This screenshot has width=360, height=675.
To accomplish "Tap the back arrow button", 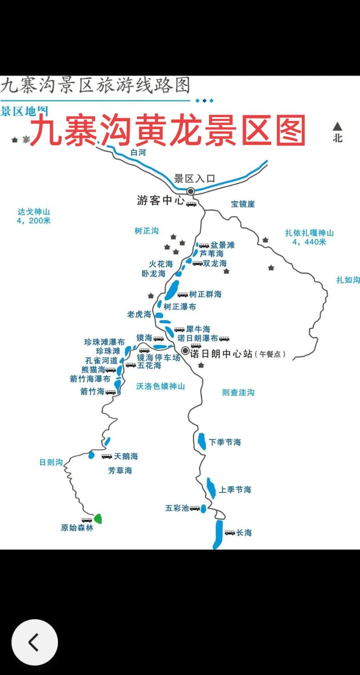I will click(34, 643).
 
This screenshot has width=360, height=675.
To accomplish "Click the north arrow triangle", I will click(337, 127).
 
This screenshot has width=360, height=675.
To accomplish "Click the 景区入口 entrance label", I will click(194, 179).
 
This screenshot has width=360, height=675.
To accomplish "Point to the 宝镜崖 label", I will click(243, 204).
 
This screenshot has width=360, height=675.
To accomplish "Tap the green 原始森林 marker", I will click(98, 518).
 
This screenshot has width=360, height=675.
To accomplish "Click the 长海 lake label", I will click(244, 533).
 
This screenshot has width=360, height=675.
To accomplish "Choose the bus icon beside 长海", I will click(230, 533).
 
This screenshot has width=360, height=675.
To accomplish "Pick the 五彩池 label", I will click(177, 508).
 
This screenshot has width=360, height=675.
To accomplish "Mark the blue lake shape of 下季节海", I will click(202, 441).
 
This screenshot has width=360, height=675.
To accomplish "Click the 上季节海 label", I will click(235, 490).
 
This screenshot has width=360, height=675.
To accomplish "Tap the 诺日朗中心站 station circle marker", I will click(185, 351).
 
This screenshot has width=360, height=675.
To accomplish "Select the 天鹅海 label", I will click(126, 456).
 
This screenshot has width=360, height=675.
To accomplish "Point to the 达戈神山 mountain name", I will click(34, 211).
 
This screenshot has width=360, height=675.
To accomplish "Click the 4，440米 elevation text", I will click(309, 242).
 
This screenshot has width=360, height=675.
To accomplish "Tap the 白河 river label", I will click(138, 153).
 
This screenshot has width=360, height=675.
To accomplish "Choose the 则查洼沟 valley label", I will click(238, 392).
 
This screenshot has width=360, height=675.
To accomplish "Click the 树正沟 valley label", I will click(147, 231).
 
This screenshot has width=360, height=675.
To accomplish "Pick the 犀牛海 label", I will click(198, 329).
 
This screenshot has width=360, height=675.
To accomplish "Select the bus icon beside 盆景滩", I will click(204, 245).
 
